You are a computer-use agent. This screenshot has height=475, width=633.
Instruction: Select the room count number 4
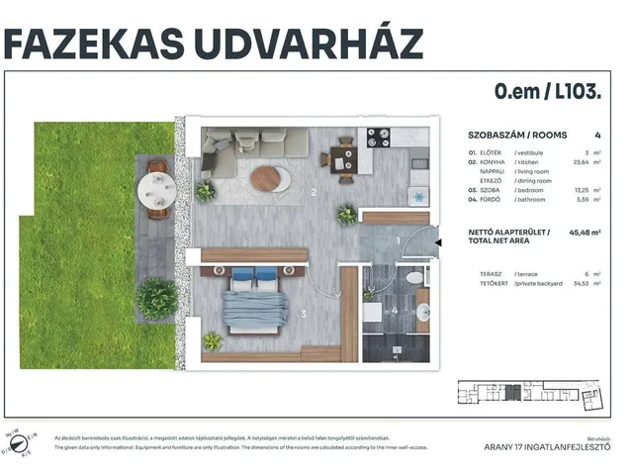(x=597, y=134)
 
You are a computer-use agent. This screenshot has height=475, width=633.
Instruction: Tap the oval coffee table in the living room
(x=269, y=178)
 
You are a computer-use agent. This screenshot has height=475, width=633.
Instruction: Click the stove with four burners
(x=379, y=138)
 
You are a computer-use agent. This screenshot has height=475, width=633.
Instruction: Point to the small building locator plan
(x=528, y=397)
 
